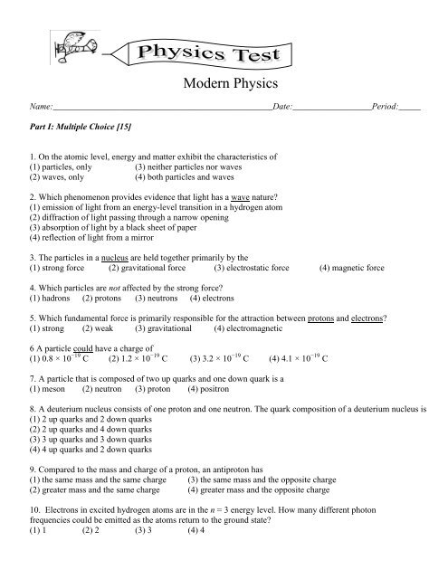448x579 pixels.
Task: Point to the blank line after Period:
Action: [410, 108]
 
